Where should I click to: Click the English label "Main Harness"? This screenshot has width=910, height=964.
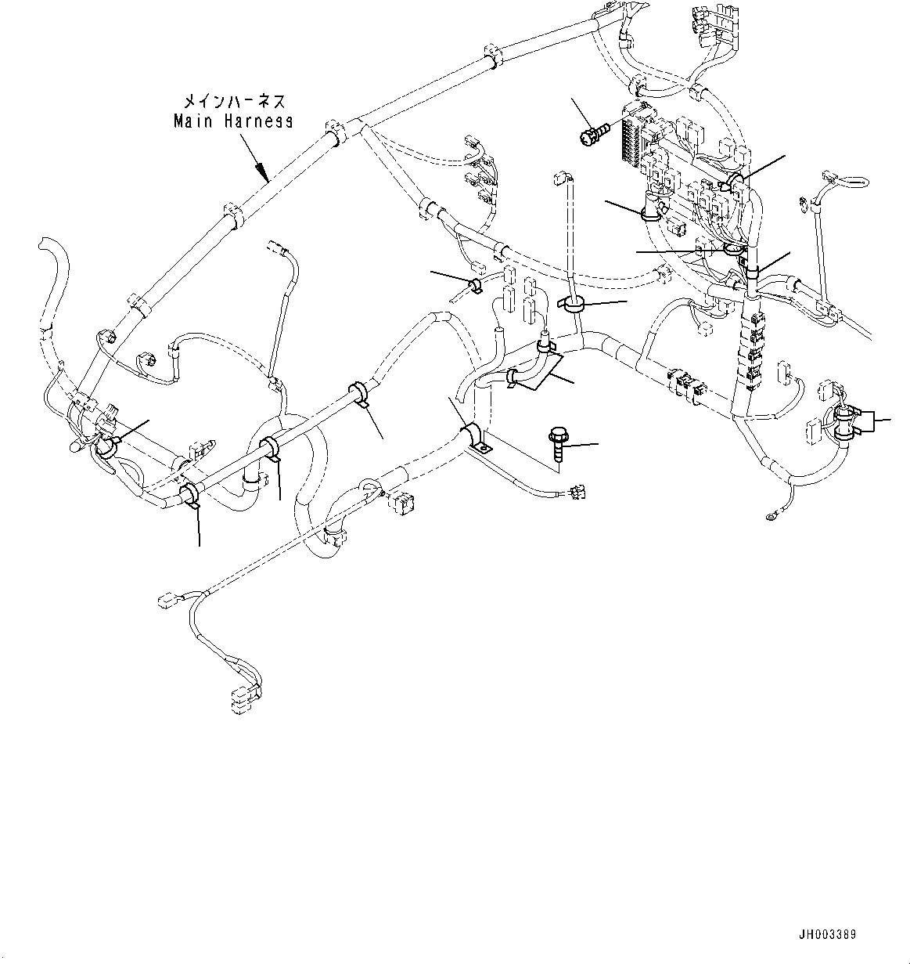click(233, 121)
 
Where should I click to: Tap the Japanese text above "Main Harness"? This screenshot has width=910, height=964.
click(234, 102)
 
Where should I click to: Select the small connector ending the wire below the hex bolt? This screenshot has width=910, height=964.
click(579, 492)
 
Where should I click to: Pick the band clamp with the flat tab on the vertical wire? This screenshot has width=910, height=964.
click(574, 305)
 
